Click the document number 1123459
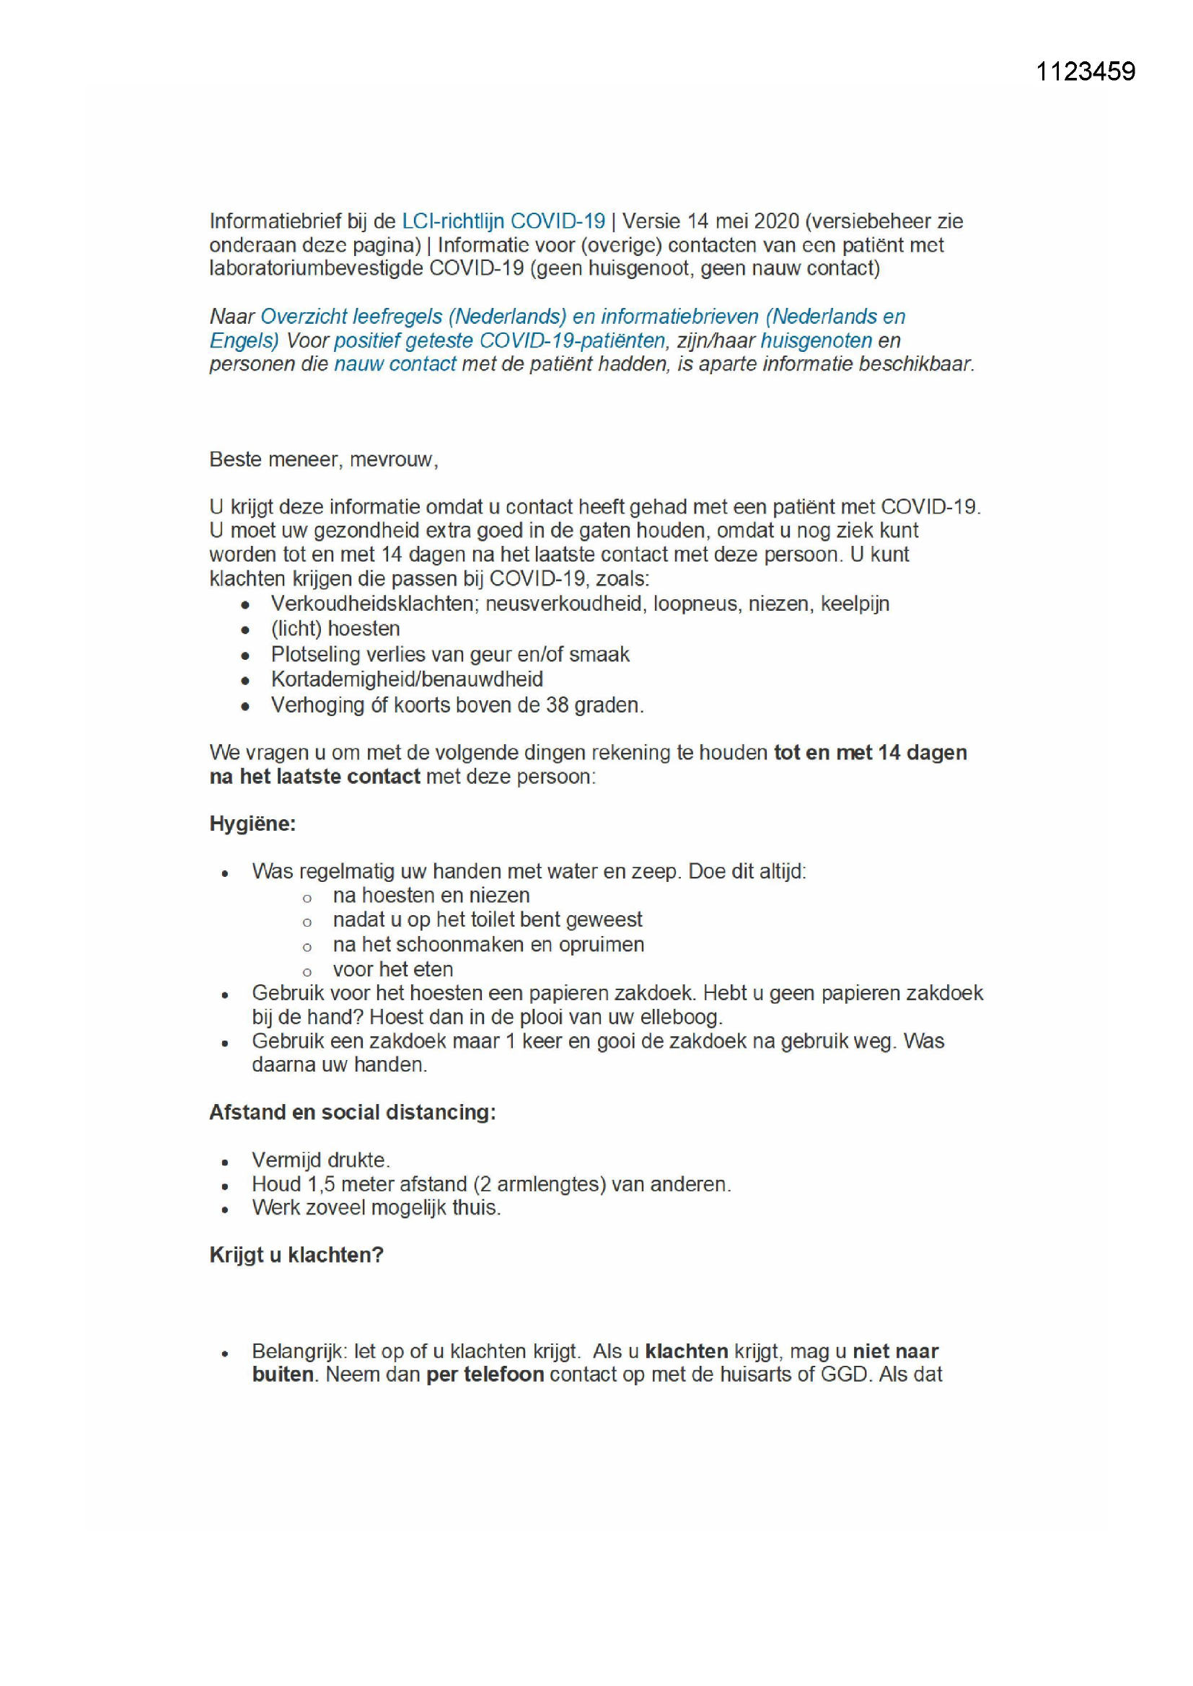[1085, 71]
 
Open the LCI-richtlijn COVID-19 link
[503, 221]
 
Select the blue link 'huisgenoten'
[816, 340]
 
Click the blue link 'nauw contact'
[395, 364]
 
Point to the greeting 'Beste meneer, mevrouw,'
[324, 459]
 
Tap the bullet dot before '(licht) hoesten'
[245, 631]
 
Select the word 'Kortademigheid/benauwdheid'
[407, 679]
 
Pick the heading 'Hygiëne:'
[252, 824]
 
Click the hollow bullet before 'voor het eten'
[307, 972]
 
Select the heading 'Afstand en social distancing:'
[353, 1113]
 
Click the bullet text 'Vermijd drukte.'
[321, 1160]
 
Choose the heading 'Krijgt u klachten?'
[296, 1255]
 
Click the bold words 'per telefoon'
[485, 1374]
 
